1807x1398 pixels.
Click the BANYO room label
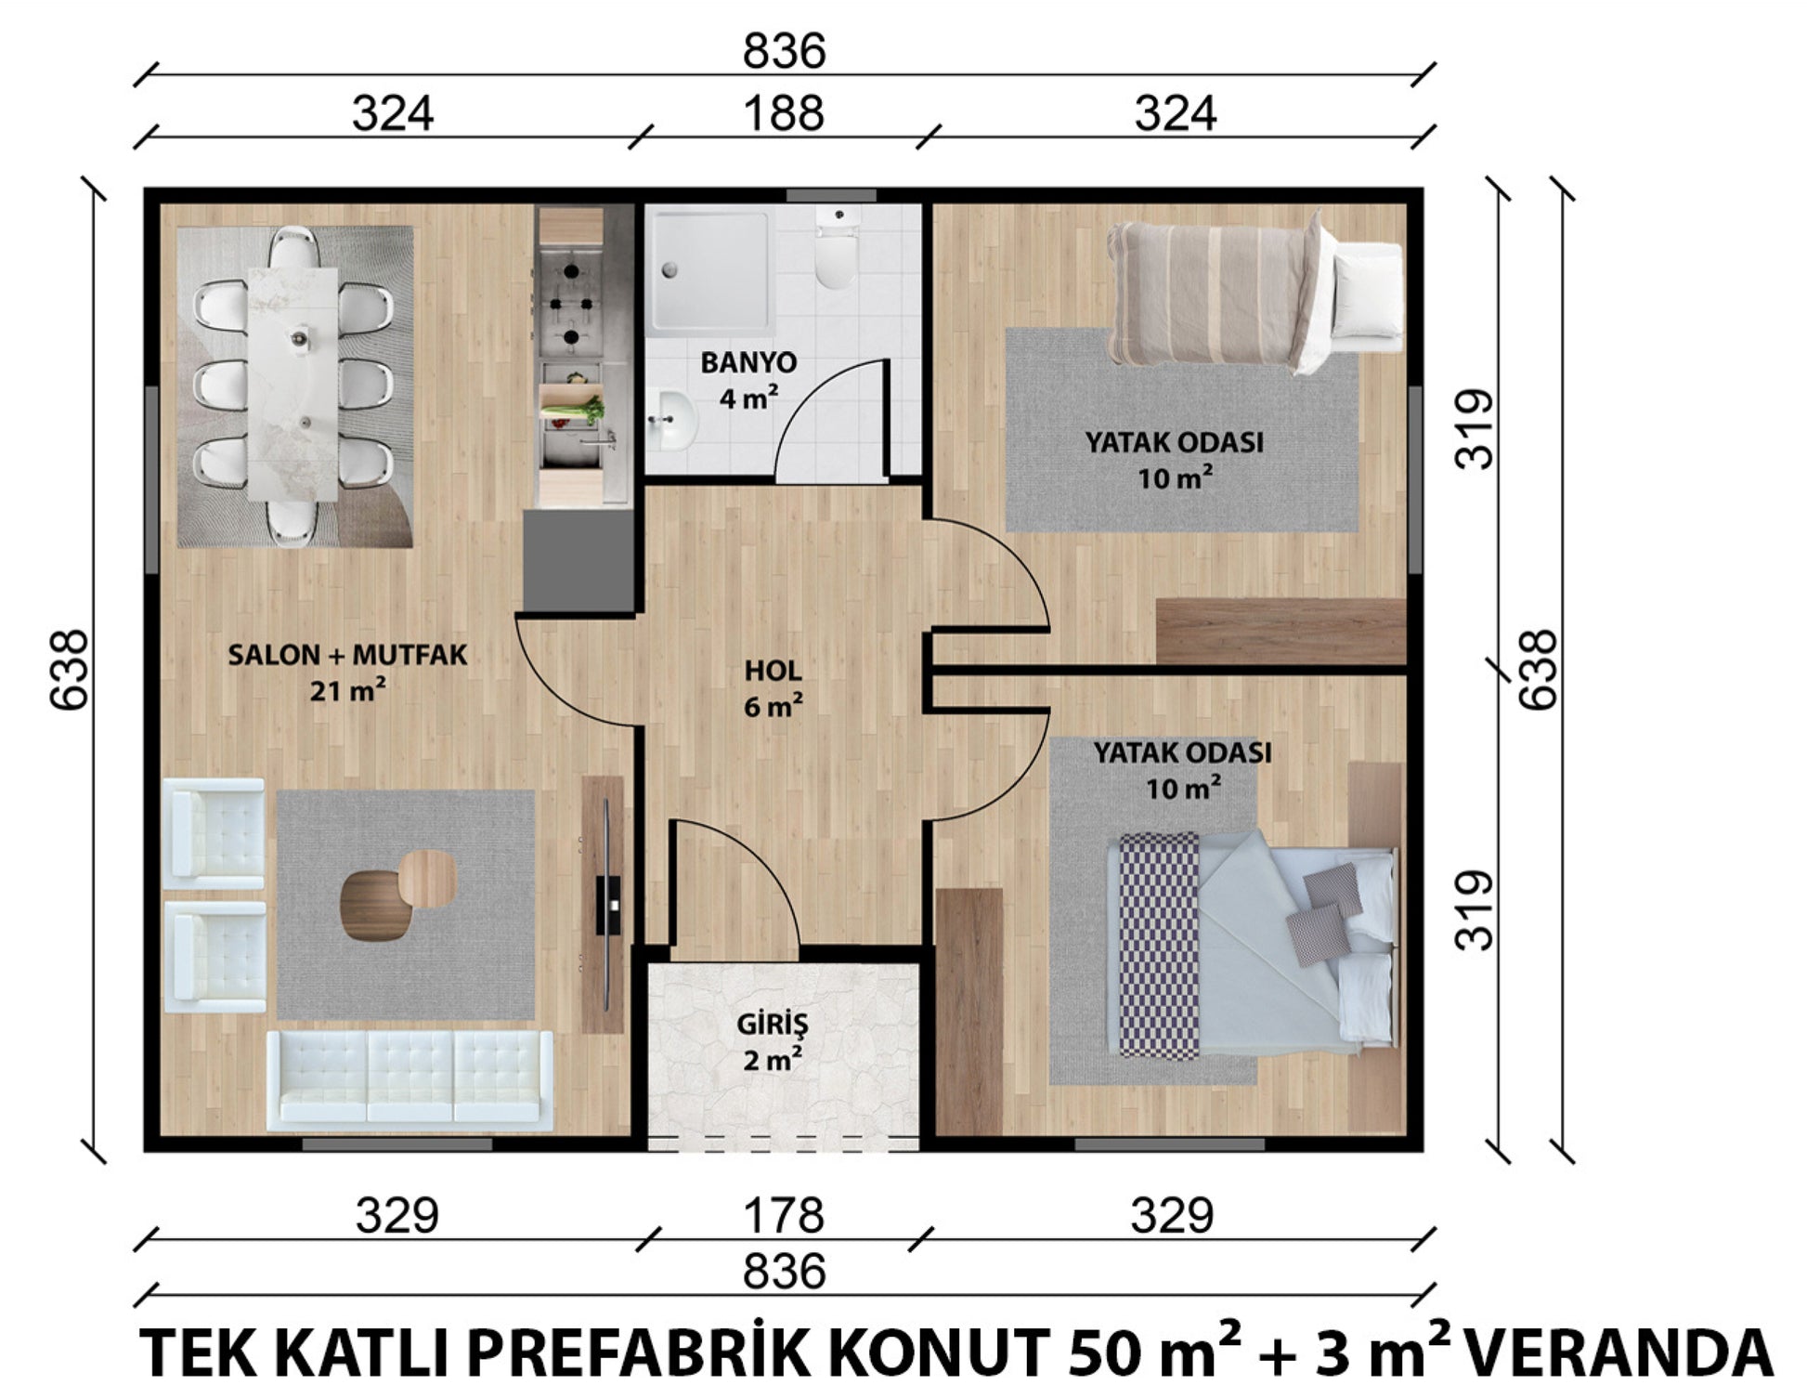pos(747,362)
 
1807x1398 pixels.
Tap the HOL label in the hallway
pos(773,671)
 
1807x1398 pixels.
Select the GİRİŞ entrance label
pos(773,1025)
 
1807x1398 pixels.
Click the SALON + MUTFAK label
pos(347,655)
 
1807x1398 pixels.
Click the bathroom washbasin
pos(672,422)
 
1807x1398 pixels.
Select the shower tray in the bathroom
pos(710,270)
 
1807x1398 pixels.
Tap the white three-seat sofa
pos(409,1079)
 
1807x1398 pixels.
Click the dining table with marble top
pos(292,385)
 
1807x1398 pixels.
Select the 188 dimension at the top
pos(784,114)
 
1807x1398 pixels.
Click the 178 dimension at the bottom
pos(784,1215)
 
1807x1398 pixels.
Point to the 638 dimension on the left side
pos(70,670)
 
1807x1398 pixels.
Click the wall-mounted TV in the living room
pos(608,905)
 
